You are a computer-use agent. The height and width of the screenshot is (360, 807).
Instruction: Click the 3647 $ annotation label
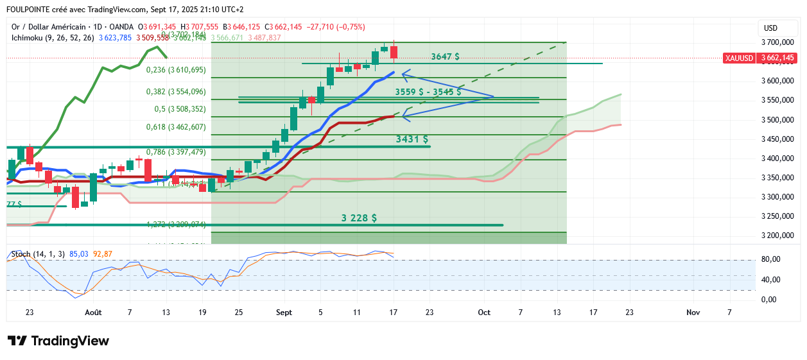445,56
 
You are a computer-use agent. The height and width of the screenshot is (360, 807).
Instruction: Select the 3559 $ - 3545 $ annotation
428,92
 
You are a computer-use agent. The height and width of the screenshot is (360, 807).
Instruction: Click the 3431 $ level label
412,139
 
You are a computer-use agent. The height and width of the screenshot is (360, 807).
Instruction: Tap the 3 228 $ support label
359,218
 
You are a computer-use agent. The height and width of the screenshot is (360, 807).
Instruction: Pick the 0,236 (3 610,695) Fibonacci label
176,70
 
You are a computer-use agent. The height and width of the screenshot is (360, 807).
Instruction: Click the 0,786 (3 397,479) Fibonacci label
176,152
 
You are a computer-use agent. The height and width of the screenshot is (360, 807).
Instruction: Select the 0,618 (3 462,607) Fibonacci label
176,127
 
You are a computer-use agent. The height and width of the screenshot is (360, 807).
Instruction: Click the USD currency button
770,28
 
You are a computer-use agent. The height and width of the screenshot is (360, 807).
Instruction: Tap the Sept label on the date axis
284,313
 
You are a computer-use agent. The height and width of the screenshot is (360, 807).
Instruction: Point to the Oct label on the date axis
484,313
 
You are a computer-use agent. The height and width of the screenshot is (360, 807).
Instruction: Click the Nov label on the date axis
693,313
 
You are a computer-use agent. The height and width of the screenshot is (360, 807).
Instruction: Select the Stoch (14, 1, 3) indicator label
38,254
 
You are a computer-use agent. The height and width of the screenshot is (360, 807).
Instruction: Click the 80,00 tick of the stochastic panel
772,259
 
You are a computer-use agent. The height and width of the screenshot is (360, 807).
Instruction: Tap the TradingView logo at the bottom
58,341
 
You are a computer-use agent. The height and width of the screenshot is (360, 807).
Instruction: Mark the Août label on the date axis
94,313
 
